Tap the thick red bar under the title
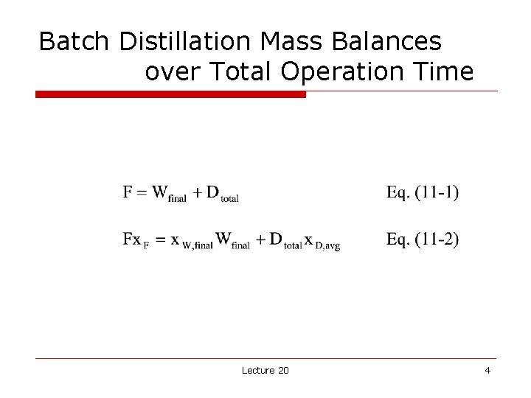click(x=170, y=94)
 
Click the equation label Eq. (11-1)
click(x=422, y=193)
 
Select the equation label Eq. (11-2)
click(x=422, y=240)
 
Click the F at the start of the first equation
click(x=128, y=192)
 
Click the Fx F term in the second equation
click(x=136, y=240)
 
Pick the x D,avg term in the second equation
click(x=321, y=242)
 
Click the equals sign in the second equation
click(x=158, y=240)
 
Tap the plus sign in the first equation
click(x=197, y=193)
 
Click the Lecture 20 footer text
click(x=265, y=370)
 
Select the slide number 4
click(x=487, y=370)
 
